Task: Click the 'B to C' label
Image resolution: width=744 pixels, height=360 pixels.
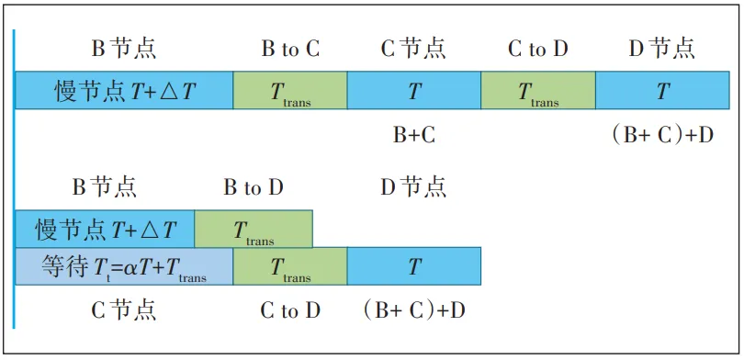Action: tap(290, 50)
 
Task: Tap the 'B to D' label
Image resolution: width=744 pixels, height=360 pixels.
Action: tap(254, 188)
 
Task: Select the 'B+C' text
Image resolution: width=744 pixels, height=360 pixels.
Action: tap(414, 135)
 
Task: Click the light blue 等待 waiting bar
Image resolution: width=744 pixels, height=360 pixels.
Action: tap(124, 266)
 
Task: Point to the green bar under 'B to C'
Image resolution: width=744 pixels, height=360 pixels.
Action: tap(290, 91)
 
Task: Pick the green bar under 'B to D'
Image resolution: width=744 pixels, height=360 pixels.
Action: tap(254, 229)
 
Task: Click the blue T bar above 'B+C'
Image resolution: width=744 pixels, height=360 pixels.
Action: tap(414, 91)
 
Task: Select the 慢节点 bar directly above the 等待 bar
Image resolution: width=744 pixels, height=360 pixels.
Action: tap(105, 229)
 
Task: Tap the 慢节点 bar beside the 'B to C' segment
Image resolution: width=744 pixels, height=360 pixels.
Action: tap(124, 91)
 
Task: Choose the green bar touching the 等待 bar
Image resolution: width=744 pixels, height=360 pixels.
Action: tap(290, 266)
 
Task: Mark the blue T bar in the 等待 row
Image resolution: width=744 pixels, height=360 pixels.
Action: tap(414, 266)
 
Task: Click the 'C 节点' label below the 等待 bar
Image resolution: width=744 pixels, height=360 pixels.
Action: tap(123, 310)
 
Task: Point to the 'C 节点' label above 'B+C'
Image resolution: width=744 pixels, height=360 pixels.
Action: tap(413, 49)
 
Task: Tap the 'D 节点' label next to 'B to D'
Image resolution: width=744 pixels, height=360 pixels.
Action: tap(413, 188)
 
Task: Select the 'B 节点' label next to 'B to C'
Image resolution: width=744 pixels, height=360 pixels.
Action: tap(123, 49)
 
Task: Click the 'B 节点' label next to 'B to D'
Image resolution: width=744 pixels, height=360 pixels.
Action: tap(105, 188)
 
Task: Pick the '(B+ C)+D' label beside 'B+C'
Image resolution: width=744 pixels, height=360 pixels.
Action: tap(662, 135)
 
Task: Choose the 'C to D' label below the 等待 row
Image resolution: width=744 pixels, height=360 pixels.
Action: tap(290, 310)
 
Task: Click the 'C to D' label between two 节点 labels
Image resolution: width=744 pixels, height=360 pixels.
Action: tap(538, 50)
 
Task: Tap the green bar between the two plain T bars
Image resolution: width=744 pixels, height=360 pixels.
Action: tap(538, 91)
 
